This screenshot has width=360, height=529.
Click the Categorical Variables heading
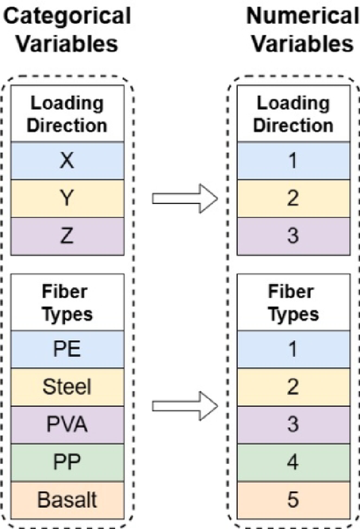(x=67, y=30)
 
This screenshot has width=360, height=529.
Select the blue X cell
(x=67, y=163)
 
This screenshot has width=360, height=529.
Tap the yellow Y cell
(x=67, y=198)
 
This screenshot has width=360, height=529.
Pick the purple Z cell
(x=67, y=235)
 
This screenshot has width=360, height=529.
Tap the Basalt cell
(x=67, y=500)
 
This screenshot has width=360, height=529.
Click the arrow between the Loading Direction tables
(x=184, y=198)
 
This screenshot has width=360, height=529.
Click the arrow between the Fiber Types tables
(x=184, y=408)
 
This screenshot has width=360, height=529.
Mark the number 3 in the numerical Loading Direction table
(x=292, y=235)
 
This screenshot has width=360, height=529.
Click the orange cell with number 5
(x=292, y=500)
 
